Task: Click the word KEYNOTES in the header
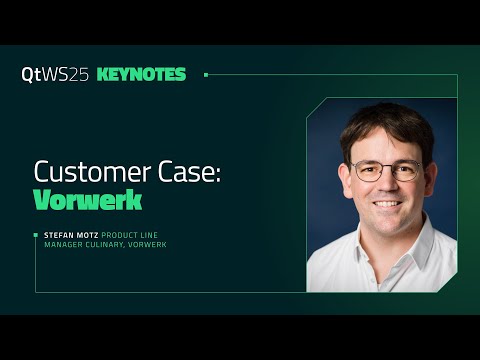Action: (x=141, y=75)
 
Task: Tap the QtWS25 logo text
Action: (x=55, y=75)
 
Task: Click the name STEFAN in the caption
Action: (x=60, y=235)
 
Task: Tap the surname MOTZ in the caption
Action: (x=89, y=235)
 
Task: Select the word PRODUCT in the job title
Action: (x=121, y=235)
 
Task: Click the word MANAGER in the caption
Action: (x=61, y=245)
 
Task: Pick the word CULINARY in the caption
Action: (x=105, y=245)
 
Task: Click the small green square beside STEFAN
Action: (x=37, y=235)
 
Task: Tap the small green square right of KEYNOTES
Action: (x=206, y=75)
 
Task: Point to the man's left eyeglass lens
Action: (x=402, y=171)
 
